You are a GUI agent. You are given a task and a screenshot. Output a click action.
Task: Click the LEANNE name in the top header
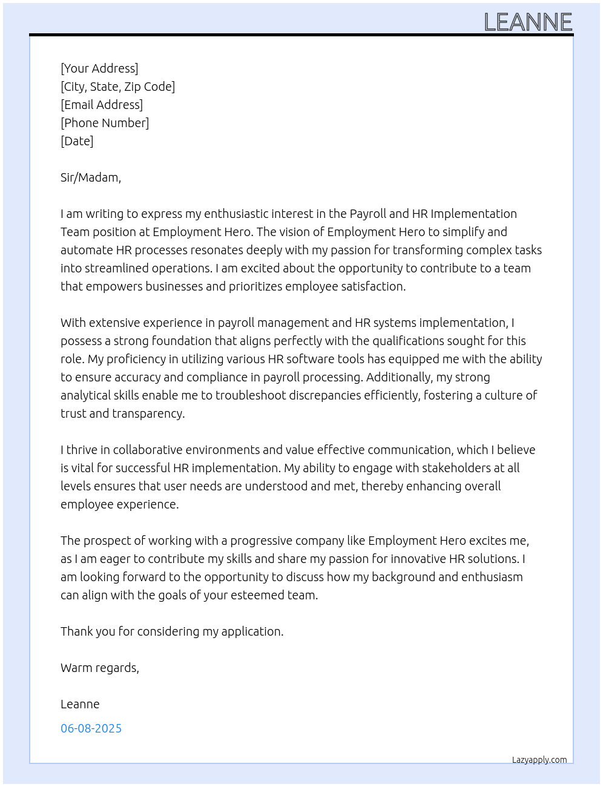(528, 22)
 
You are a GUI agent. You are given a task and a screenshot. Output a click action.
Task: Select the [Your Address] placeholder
(99, 68)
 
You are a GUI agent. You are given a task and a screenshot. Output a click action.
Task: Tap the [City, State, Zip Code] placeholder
(117, 87)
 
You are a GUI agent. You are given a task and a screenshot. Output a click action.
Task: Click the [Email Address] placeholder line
(102, 105)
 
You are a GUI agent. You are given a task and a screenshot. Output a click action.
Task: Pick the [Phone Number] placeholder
(105, 123)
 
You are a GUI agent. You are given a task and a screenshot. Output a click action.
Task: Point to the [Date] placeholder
(77, 141)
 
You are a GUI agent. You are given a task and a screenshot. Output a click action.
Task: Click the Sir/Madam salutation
(91, 177)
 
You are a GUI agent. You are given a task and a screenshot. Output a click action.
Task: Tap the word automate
(87, 250)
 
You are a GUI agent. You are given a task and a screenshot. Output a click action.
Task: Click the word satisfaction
(375, 286)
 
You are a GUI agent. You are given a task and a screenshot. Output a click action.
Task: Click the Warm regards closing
(100, 668)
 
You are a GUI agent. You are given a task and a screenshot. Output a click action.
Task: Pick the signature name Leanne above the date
(80, 704)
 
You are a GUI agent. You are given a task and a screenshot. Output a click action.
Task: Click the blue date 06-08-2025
(91, 728)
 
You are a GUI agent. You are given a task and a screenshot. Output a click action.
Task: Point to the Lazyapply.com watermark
(539, 760)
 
